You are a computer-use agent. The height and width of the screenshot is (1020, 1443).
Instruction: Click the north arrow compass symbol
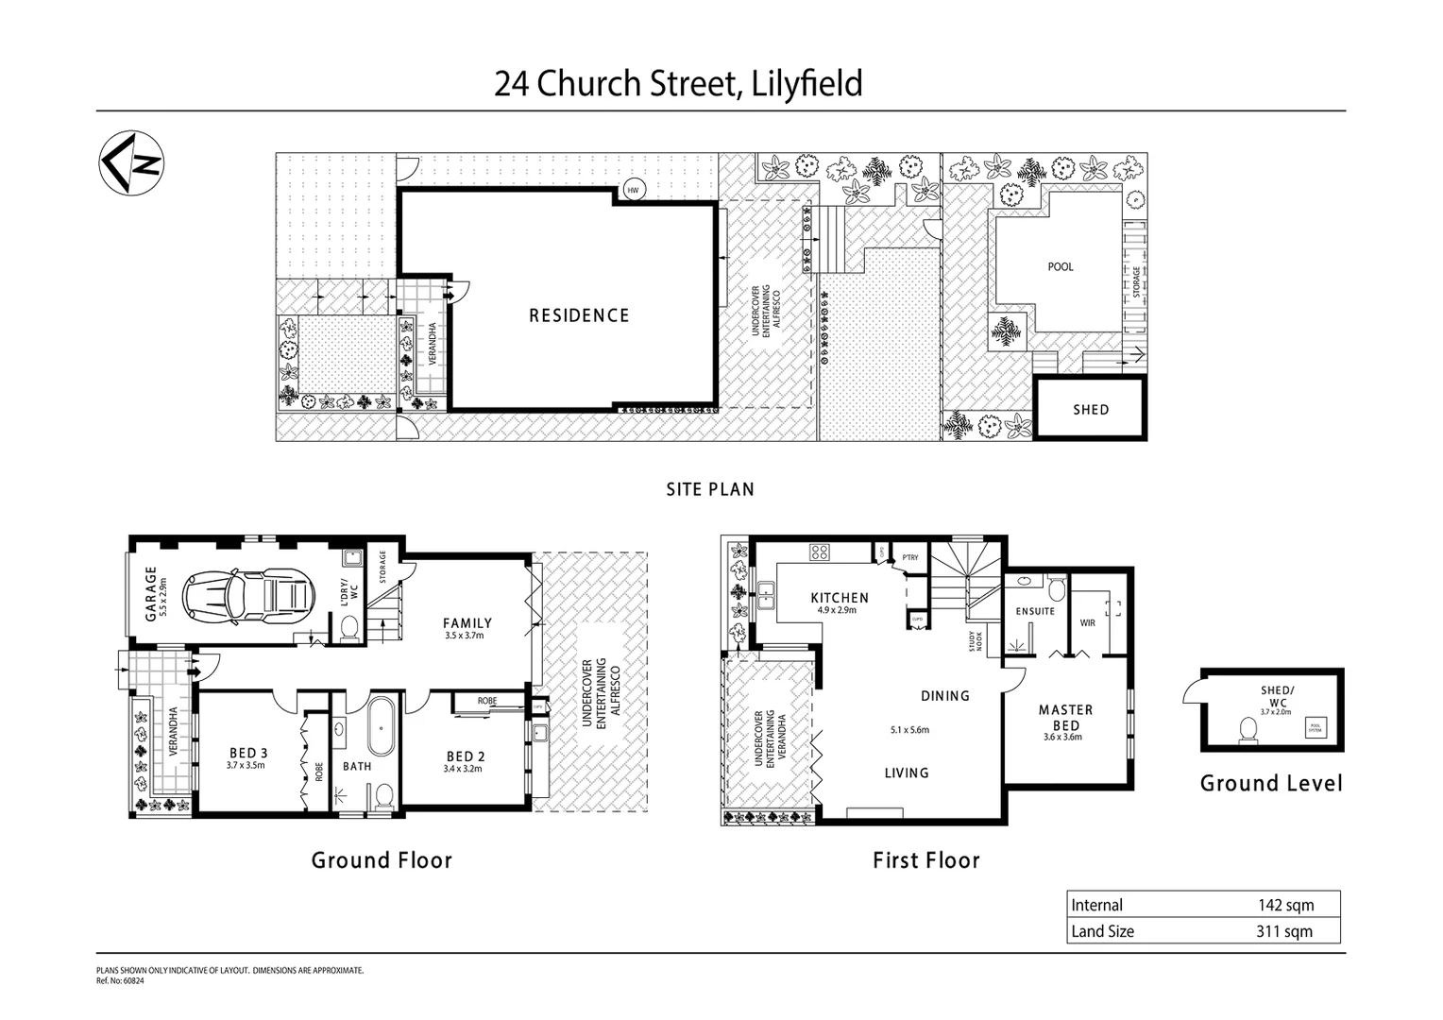tap(132, 162)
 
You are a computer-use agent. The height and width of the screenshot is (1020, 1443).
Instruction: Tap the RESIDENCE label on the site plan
tap(579, 315)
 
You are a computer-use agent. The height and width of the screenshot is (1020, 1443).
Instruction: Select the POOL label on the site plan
tap(1061, 266)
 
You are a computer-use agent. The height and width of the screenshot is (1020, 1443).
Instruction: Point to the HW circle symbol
tap(633, 191)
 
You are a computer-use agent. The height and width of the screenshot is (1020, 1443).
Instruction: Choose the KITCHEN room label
tap(840, 598)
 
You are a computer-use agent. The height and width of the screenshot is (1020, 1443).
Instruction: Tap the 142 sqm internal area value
tap(1285, 905)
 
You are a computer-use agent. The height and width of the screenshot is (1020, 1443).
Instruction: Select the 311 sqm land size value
tap(1285, 931)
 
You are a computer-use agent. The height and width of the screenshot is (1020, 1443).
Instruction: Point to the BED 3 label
tap(248, 753)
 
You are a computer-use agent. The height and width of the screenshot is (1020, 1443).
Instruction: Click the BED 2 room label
tap(466, 756)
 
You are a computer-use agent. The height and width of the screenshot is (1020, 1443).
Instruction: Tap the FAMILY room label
tap(467, 623)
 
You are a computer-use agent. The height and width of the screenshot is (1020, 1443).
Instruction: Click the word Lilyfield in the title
tap(805, 84)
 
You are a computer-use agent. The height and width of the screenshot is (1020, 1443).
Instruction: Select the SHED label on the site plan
tap(1091, 410)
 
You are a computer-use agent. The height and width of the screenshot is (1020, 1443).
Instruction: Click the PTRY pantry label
tap(909, 558)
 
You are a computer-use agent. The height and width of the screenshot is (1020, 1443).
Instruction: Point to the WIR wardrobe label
tap(1086, 623)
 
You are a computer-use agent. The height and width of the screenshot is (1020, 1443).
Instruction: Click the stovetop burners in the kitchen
tap(819, 552)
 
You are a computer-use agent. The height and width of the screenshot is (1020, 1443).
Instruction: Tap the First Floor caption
tap(925, 860)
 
